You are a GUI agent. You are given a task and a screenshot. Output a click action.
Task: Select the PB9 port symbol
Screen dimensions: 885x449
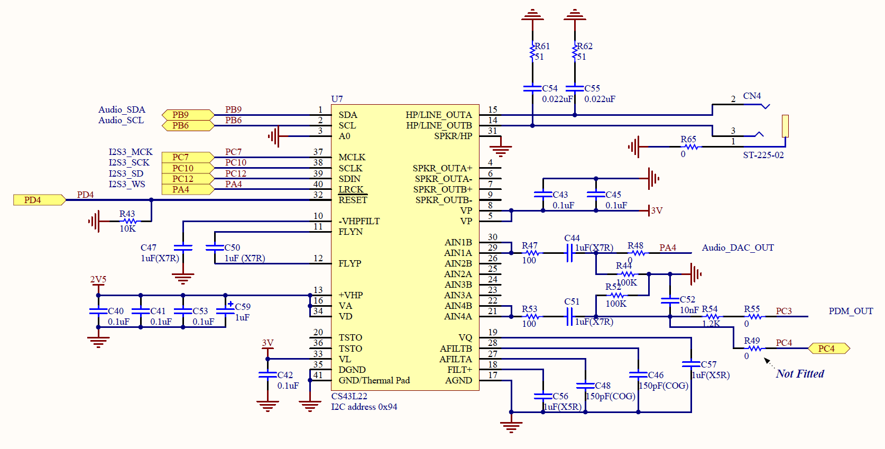pyautogui.click(x=188, y=115)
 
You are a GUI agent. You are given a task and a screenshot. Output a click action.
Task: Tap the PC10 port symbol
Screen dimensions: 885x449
pyautogui.click(x=188, y=168)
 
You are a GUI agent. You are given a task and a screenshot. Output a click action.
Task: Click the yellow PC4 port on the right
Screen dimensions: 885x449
pyautogui.click(x=828, y=348)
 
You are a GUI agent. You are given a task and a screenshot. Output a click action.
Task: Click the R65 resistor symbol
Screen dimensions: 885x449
pyautogui.click(x=690, y=146)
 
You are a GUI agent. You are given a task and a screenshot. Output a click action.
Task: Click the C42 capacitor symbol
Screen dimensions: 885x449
pyautogui.click(x=268, y=374)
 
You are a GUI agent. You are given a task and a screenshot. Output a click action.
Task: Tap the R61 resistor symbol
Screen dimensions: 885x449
pyautogui.click(x=532, y=51)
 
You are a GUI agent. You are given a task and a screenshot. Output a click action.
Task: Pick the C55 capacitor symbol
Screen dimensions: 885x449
pyautogui.click(x=575, y=88)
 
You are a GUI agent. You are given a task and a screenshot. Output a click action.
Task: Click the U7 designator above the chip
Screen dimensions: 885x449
pyautogui.click(x=337, y=99)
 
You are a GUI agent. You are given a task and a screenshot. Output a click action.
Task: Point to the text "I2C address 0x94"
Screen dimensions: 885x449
pyautogui.click(x=364, y=407)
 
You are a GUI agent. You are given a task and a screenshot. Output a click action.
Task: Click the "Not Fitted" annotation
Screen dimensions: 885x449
pyautogui.click(x=800, y=373)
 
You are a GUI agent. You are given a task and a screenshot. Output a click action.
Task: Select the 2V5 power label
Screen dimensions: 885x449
pyautogui.click(x=98, y=279)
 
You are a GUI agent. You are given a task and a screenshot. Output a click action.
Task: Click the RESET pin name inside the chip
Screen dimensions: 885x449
pyautogui.click(x=353, y=200)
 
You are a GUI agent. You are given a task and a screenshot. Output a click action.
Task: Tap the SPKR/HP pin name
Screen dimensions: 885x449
pyautogui.click(x=453, y=136)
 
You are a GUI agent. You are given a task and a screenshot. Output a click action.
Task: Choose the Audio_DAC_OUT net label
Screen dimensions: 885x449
pyautogui.click(x=738, y=248)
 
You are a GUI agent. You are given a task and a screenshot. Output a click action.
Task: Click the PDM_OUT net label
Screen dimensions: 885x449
pyautogui.click(x=851, y=311)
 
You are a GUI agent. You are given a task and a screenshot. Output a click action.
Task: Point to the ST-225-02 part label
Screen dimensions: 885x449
pyautogui.click(x=763, y=155)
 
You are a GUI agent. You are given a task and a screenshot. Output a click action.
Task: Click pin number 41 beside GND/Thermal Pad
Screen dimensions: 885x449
pyautogui.click(x=318, y=374)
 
